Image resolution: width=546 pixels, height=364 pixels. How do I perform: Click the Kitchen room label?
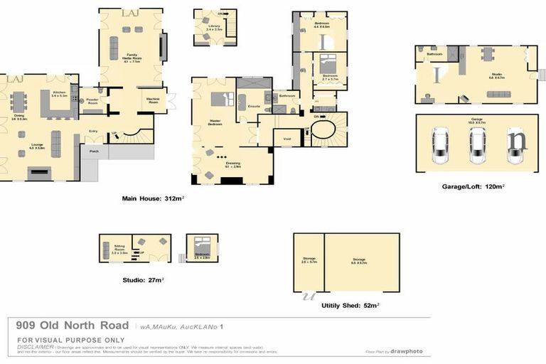58,93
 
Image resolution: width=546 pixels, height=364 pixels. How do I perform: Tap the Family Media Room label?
130,56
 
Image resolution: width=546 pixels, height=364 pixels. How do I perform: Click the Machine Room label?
153,100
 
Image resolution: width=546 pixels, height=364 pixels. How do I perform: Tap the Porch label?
94,151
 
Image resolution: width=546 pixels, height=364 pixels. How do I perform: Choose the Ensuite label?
252,106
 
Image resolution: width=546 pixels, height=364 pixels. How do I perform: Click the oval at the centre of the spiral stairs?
323,131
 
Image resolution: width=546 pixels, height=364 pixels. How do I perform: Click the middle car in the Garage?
476,144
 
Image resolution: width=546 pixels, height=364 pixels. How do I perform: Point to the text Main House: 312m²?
153,198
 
